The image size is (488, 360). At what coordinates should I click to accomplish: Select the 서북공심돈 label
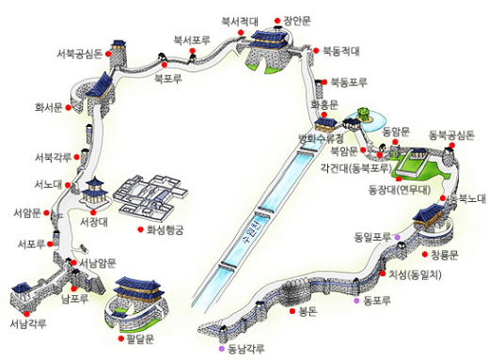click(x=79, y=53)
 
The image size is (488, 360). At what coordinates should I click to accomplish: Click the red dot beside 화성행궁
click(x=141, y=229)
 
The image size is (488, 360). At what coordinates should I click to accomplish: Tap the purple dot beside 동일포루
click(x=397, y=235)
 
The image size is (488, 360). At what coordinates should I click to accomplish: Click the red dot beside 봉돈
click(x=293, y=309)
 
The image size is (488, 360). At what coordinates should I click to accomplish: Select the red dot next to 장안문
click(x=275, y=19)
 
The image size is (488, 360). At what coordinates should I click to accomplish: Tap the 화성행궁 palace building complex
click(x=150, y=194)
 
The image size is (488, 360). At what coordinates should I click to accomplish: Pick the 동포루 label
click(x=376, y=301)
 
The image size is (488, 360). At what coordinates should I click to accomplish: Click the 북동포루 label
click(x=349, y=82)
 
